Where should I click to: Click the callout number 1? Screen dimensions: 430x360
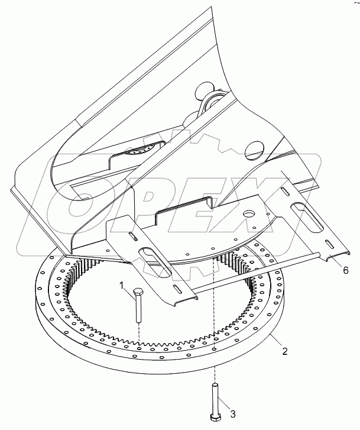[122, 286]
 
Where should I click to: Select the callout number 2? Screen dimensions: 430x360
[285, 351]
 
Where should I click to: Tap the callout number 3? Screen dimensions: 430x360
[233, 413]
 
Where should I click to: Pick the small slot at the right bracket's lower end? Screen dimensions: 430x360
[329, 242]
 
